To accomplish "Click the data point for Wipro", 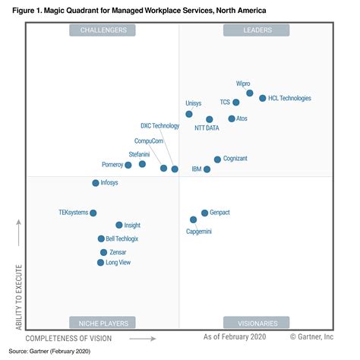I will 250,93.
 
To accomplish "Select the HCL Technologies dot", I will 263,99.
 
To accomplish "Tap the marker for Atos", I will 232,118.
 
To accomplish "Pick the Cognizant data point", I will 217,159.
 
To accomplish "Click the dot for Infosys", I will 96,183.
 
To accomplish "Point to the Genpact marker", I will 204,213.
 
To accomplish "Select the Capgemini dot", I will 194,219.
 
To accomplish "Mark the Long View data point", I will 100,263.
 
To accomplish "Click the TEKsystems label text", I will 74,213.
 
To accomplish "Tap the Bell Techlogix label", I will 122,238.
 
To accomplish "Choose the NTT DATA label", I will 207,128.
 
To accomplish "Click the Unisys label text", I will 194,103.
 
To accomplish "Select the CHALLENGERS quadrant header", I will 103,30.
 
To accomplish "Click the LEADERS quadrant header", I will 256,30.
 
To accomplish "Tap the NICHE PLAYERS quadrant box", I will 103,322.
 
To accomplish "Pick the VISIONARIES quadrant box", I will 256,322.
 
